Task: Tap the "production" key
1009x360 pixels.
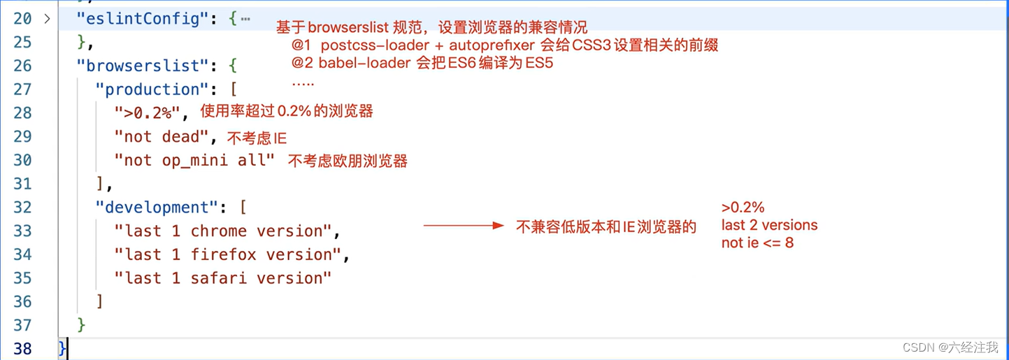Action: [152, 89]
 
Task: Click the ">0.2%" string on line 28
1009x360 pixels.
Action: [148, 113]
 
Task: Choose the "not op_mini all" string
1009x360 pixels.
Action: [194, 160]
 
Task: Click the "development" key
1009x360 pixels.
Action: [157, 208]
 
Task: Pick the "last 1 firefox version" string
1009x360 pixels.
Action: [227, 255]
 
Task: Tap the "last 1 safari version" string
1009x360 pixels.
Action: [222, 278]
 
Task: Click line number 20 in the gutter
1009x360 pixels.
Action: [22, 19]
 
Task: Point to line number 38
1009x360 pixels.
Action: [22, 348]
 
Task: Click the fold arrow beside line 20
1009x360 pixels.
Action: [47, 19]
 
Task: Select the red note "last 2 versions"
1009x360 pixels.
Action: [769, 225]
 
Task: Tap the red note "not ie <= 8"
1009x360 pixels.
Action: [757, 243]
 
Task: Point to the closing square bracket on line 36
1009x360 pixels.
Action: [100, 302]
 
